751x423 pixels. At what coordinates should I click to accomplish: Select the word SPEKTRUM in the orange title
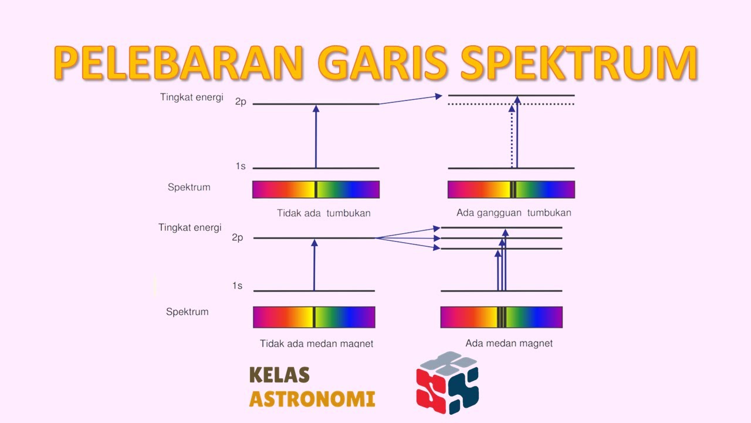577,63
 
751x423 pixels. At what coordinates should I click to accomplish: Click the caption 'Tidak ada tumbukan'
323,213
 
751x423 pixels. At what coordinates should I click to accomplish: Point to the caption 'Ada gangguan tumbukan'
513,213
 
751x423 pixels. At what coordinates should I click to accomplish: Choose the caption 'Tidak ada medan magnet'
316,343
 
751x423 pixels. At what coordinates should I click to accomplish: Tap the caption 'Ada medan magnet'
509,343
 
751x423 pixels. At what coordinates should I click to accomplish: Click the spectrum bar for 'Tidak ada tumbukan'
316,189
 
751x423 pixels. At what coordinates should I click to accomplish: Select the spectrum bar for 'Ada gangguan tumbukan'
511,189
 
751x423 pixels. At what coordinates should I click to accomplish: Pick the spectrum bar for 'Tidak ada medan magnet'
314,317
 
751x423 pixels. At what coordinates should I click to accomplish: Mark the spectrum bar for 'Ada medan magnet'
501,317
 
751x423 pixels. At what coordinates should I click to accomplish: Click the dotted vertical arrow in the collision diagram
512,141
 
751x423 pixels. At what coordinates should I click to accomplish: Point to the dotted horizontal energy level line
552,105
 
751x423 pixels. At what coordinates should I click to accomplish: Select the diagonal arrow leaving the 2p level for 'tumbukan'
411,99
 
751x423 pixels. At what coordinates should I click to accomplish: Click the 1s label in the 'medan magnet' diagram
237,286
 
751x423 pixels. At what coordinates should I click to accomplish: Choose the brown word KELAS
279,375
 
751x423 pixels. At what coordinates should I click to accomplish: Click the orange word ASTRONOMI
312,399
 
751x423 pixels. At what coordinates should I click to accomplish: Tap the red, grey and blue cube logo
448,382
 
